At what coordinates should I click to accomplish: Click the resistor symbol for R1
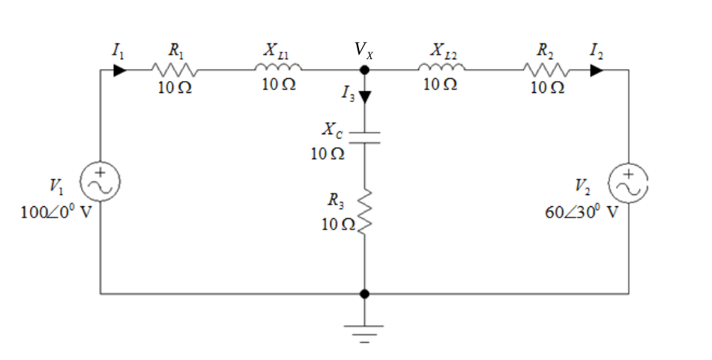(x=175, y=70)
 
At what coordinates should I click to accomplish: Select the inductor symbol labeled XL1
(x=278, y=67)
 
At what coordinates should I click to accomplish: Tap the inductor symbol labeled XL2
(x=441, y=67)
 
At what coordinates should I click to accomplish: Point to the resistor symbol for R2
(x=546, y=70)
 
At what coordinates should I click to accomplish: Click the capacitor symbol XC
(x=364, y=138)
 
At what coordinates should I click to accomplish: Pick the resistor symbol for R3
(x=365, y=211)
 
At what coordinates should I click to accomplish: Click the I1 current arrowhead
(x=120, y=70)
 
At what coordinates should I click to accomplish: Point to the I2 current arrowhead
(x=597, y=70)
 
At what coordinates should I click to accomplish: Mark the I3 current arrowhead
(x=365, y=97)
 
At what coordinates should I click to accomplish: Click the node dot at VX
(x=364, y=70)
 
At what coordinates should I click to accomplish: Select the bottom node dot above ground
(x=364, y=294)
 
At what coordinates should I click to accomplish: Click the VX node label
(x=363, y=49)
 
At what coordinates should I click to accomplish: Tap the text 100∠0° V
(x=56, y=211)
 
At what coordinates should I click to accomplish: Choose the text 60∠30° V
(x=582, y=211)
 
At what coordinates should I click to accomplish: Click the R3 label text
(x=336, y=200)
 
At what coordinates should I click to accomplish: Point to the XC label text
(x=333, y=130)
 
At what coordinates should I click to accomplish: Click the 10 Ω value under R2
(x=548, y=87)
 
